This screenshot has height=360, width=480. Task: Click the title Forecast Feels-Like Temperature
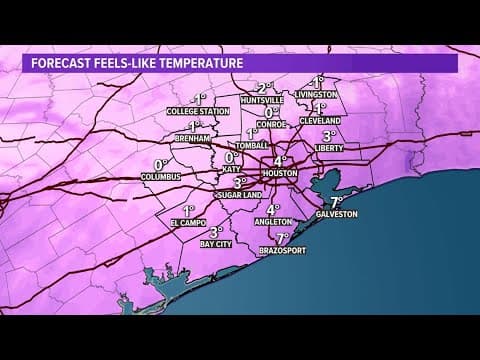[137, 63]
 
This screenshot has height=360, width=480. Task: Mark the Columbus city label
[159, 176]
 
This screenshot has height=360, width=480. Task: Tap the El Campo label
[186, 223]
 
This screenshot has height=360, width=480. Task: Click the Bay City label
[216, 243]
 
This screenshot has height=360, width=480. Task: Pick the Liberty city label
[329, 148]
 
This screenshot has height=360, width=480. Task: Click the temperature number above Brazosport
[283, 237]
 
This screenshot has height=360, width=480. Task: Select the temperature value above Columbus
[158, 163]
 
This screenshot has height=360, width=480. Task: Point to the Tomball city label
[252, 146]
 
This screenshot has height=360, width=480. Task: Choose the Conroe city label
[271, 125]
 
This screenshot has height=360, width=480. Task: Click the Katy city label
[232, 170]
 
